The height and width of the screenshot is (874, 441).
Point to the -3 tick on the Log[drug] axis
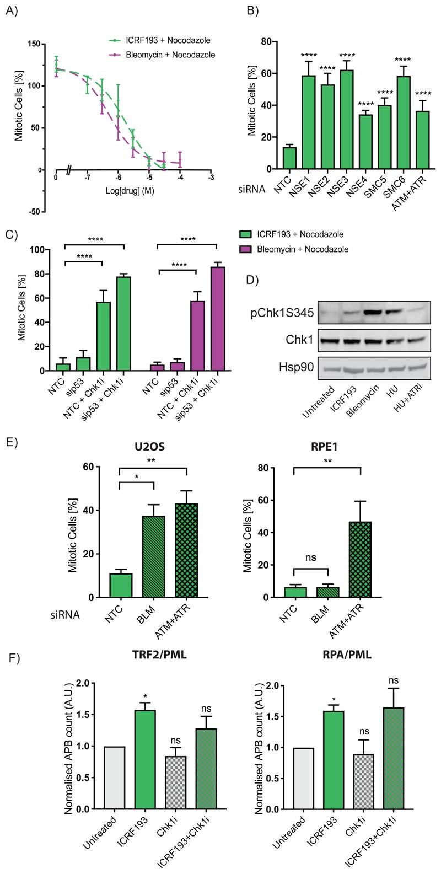click(x=211, y=178)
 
